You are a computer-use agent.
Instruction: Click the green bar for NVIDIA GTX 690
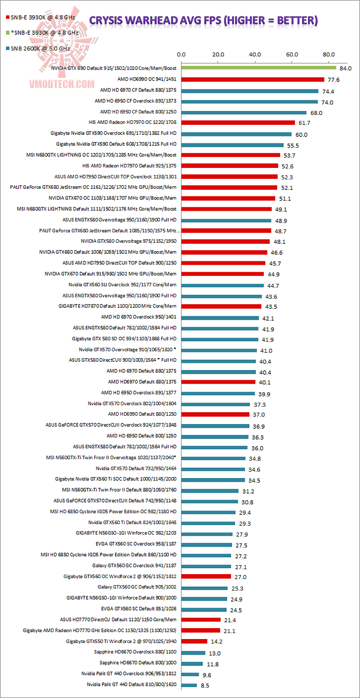click(258, 68)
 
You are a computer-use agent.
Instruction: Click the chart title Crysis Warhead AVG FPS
click(203, 20)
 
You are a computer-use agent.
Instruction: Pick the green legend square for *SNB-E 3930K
click(7, 32)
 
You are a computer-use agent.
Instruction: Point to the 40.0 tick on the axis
click(255, 54)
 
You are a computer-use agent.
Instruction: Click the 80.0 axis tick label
click(328, 54)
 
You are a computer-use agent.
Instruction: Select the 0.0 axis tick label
click(181, 54)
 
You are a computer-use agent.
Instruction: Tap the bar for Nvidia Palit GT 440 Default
click(189, 685)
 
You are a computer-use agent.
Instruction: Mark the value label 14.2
click(217, 642)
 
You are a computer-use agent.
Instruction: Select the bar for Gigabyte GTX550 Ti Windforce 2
click(194, 642)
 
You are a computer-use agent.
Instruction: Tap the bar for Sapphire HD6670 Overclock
click(193, 653)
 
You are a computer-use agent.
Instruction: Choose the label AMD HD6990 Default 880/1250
click(142, 414)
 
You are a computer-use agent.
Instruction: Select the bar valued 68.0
click(243, 112)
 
